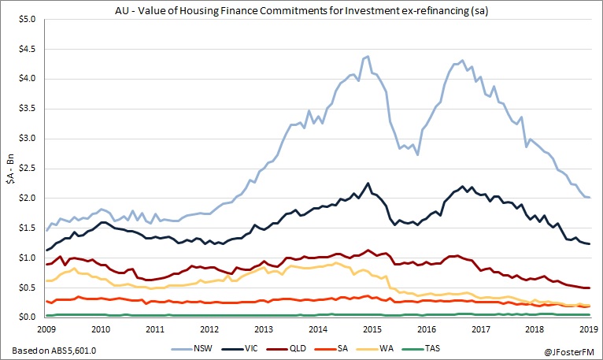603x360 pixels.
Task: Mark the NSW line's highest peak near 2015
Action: pos(368,57)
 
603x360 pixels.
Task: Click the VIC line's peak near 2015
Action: pos(368,183)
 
